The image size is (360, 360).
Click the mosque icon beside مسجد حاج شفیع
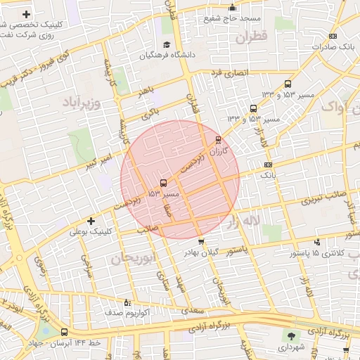pyautogui.click(x=233, y=8)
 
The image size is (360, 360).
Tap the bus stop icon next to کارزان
pyautogui.click(x=218, y=139)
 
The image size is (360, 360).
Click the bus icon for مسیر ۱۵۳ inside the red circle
pyautogui.click(x=163, y=183)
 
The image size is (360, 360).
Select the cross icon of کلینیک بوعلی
pyautogui.click(x=91, y=221)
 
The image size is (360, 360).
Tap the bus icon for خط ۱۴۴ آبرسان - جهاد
pyautogui.click(x=65, y=332)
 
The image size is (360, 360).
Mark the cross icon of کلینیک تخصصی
pyautogui.click(x=27, y=14)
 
